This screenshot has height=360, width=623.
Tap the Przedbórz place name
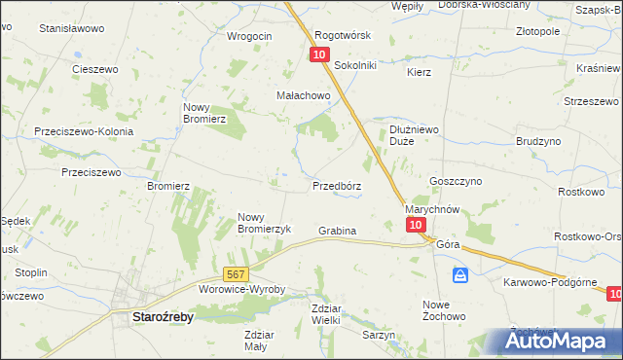point(337,185)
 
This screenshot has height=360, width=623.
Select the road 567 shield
point(235,275)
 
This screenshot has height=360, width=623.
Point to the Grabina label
point(337,231)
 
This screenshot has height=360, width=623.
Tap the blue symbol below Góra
point(460,275)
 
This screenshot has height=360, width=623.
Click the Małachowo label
point(304,96)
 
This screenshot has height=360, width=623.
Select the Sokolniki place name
point(355,65)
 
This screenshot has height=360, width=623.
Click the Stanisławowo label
point(71,28)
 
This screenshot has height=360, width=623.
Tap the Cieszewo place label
point(95,69)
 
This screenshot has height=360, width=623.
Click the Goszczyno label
point(452,181)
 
